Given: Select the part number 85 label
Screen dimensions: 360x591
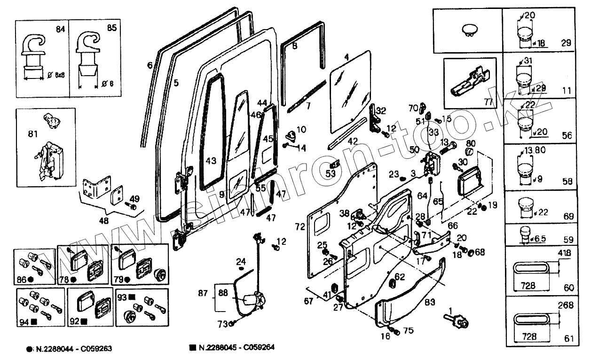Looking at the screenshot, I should tap(111, 28).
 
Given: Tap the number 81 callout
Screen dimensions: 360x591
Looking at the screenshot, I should tap(32, 135).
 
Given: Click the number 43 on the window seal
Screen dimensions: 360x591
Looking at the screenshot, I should tap(211, 161).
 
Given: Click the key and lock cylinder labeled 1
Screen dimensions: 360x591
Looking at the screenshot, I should tap(458, 322).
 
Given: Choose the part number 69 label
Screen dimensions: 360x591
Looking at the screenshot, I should tap(568, 216).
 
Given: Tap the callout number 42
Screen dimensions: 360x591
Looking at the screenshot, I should tap(352, 141).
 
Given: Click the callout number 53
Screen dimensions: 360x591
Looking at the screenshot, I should tap(331, 174).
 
